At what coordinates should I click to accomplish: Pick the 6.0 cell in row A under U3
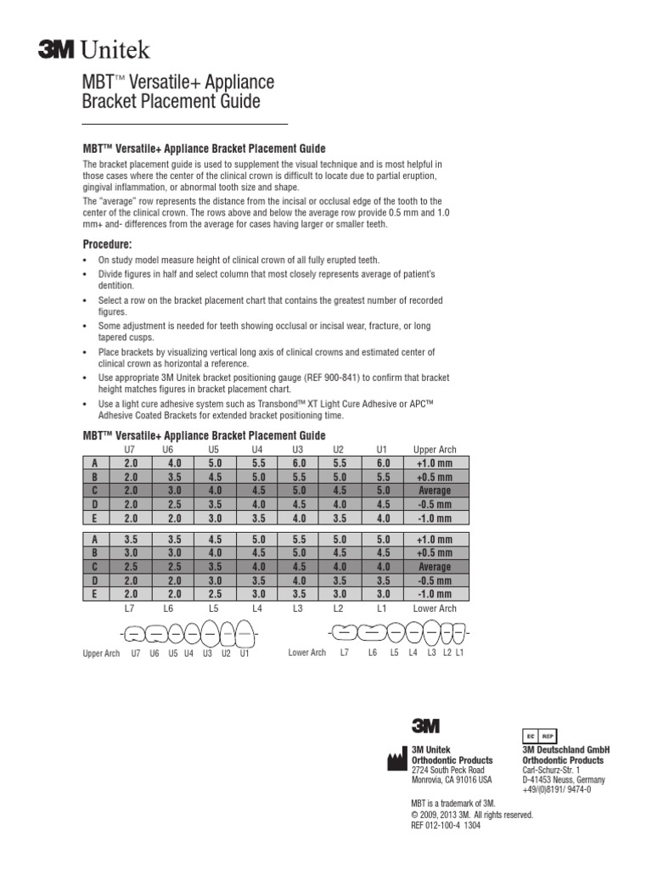point(298,463)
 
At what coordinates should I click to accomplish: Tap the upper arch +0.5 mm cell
point(434,477)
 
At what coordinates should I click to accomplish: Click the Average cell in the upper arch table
point(434,491)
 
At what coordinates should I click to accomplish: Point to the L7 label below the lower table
point(130,608)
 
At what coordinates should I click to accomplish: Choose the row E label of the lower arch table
point(94,594)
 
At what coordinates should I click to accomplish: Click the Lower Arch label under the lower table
point(434,608)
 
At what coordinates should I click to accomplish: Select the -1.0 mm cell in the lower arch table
point(434,594)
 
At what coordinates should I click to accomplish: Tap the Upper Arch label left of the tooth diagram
point(101,653)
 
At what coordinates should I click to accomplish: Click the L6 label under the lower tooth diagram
point(373,653)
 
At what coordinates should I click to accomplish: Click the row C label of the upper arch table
point(94,491)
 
